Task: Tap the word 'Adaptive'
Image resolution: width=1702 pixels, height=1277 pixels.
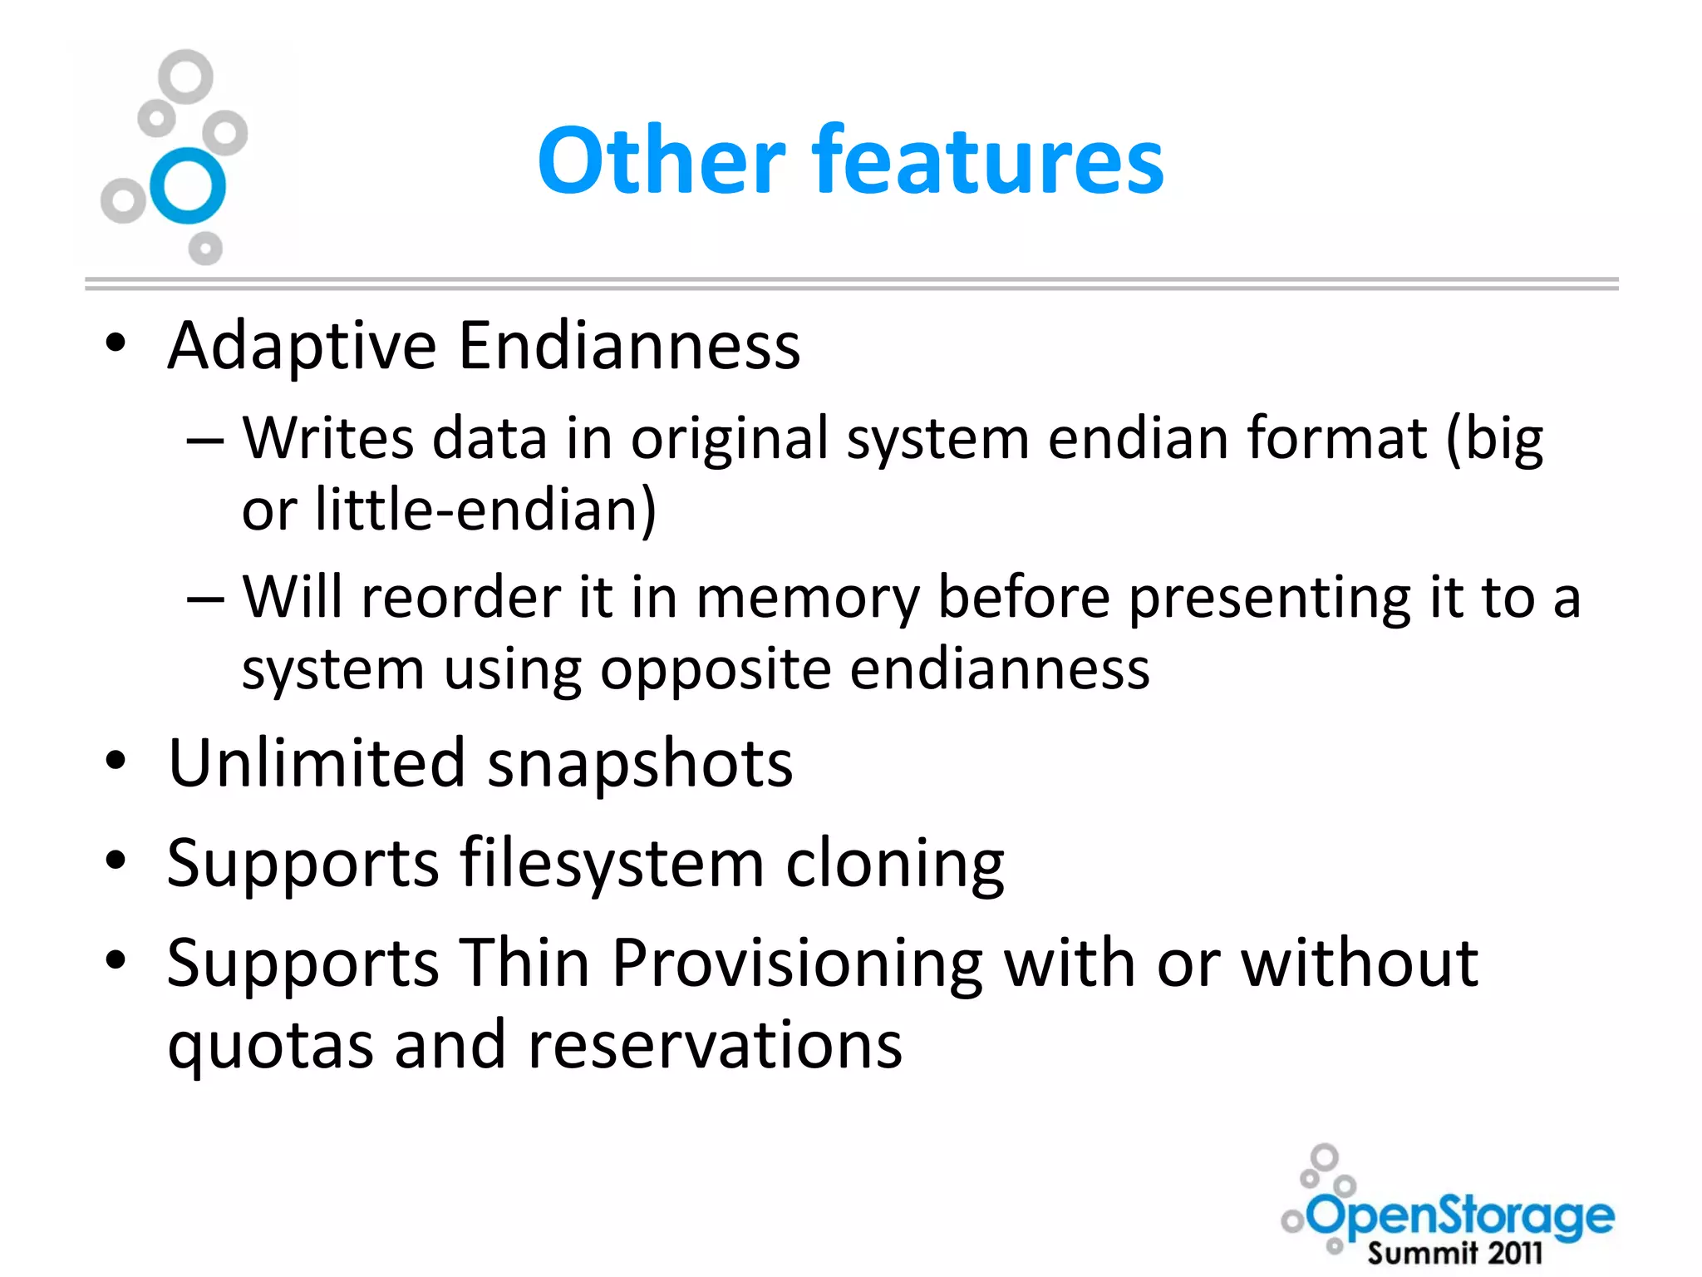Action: click(302, 346)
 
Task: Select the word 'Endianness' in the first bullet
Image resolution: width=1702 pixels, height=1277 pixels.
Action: click(629, 346)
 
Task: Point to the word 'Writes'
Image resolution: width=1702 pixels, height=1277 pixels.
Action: click(328, 438)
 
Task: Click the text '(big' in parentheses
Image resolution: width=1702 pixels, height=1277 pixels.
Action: click(1494, 438)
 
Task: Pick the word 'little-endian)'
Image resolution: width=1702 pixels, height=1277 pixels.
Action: click(486, 510)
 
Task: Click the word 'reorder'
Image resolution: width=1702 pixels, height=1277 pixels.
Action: click(461, 597)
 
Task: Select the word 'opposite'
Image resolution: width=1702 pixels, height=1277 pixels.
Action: click(716, 670)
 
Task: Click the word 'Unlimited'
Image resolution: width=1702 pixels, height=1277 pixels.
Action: click(317, 763)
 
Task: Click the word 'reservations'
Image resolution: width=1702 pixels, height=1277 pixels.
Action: click(715, 1044)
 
